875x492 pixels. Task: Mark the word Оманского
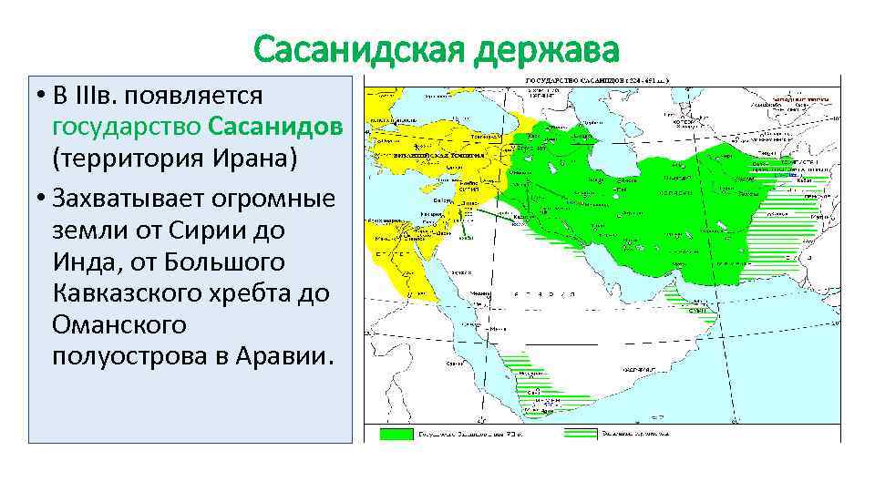click(x=119, y=324)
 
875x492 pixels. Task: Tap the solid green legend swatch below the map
click(x=396, y=434)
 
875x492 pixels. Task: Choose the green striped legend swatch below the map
click(x=582, y=434)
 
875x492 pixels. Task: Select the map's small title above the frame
click(x=596, y=80)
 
